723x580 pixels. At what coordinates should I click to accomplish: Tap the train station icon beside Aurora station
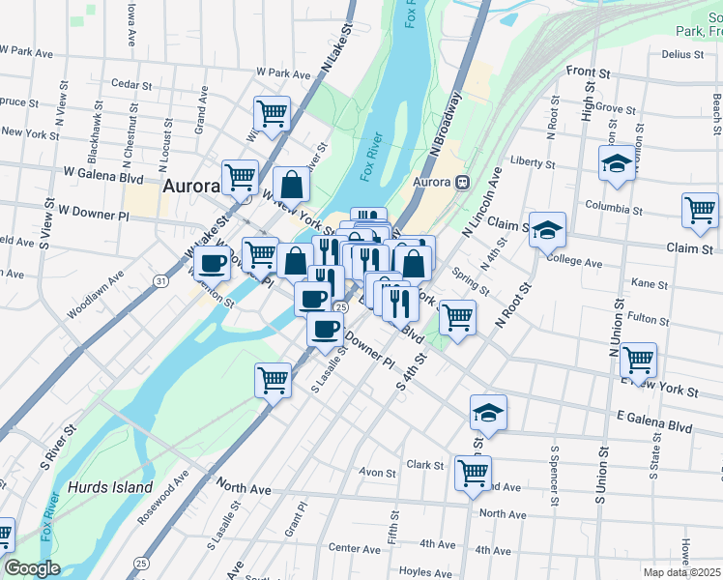(463, 182)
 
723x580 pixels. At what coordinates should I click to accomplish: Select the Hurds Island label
(110, 487)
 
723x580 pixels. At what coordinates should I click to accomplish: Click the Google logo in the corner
(31, 568)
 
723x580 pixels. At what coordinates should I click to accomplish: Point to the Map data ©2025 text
(682, 572)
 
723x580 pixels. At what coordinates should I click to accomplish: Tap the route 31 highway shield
(158, 280)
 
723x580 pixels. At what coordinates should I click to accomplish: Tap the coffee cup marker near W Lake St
(212, 261)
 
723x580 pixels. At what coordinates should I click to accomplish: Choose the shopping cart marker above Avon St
(473, 474)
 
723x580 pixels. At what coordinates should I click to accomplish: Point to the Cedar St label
(131, 83)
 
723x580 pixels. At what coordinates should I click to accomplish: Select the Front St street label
(590, 72)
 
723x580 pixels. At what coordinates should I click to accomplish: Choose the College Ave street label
(574, 262)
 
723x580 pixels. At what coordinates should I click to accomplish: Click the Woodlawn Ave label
(96, 296)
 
